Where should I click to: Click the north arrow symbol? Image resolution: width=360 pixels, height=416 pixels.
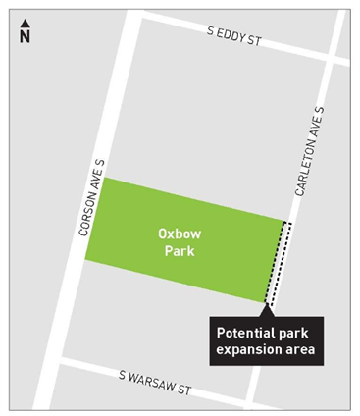[25, 23]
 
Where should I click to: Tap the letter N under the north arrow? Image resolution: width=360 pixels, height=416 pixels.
[25, 36]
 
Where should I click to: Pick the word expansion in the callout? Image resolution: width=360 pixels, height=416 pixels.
[251, 347]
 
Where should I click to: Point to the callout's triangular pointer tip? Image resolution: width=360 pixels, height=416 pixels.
[269, 306]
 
